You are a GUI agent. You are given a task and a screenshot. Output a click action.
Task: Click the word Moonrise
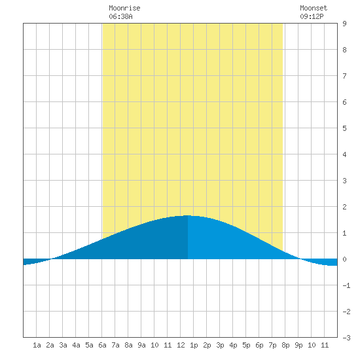[x=124, y=8]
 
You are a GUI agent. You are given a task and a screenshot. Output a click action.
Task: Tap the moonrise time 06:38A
[x=120, y=16]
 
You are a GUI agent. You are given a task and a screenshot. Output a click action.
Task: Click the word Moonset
[x=314, y=8]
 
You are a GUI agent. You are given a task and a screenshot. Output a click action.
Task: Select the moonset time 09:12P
[x=312, y=16]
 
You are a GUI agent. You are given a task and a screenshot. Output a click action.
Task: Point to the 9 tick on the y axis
[x=344, y=24]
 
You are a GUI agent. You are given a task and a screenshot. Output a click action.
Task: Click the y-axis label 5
[x=344, y=128]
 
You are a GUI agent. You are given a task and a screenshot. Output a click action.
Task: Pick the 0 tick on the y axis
[x=344, y=259]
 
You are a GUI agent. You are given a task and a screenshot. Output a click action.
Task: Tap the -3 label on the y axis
[x=346, y=338]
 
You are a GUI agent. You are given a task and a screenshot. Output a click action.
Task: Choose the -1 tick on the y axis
[x=346, y=285]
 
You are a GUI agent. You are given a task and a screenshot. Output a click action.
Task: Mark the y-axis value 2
[x=344, y=207]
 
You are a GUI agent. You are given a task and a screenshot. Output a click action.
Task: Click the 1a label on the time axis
[x=37, y=345]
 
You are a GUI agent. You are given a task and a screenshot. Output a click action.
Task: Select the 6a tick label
[x=102, y=345]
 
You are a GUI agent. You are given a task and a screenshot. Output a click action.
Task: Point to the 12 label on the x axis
[x=181, y=345]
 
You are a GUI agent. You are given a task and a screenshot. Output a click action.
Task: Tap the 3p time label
[x=220, y=345]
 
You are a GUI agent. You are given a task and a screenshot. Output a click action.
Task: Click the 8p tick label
[x=285, y=345]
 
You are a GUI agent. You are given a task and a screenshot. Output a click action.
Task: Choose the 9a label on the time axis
[x=141, y=345]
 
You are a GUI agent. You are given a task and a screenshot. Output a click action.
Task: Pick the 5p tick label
[x=246, y=345]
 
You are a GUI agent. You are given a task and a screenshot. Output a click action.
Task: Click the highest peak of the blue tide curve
[x=188, y=215]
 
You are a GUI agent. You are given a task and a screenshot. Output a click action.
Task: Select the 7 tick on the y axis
[x=344, y=76]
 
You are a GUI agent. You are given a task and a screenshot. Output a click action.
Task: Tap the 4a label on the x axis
[x=76, y=345]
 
